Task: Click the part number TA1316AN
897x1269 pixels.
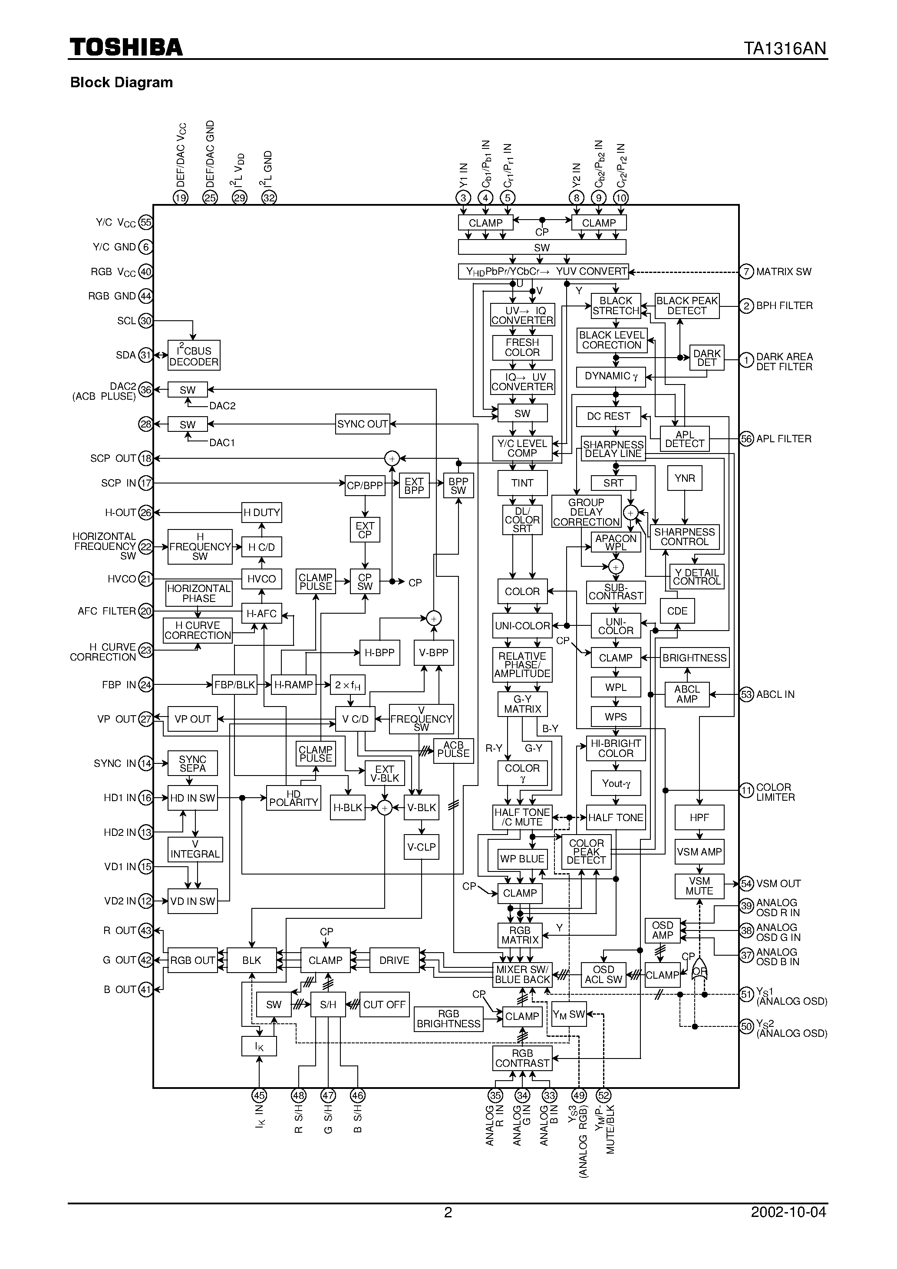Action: coord(784,49)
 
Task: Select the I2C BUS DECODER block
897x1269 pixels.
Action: coord(194,356)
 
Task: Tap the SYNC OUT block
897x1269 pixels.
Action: coord(362,424)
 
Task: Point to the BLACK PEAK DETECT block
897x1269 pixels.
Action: coord(687,306)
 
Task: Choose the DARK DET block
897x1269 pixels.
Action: coord(707,358)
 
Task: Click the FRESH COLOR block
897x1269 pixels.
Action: coord(522,348)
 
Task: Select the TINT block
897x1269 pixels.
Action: coord(522,483)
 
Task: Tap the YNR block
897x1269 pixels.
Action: coord(685,478)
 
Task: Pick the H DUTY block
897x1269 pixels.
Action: coord(261,513)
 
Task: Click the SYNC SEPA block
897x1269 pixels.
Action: coord(192,763)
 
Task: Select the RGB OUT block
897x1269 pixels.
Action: coord(192,960)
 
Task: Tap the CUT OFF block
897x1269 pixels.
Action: coord(384,1004)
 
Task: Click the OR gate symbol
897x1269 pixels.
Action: coord(699,971)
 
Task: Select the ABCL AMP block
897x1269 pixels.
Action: coord(687,694)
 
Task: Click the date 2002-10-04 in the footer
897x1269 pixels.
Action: coord(788,1212)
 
